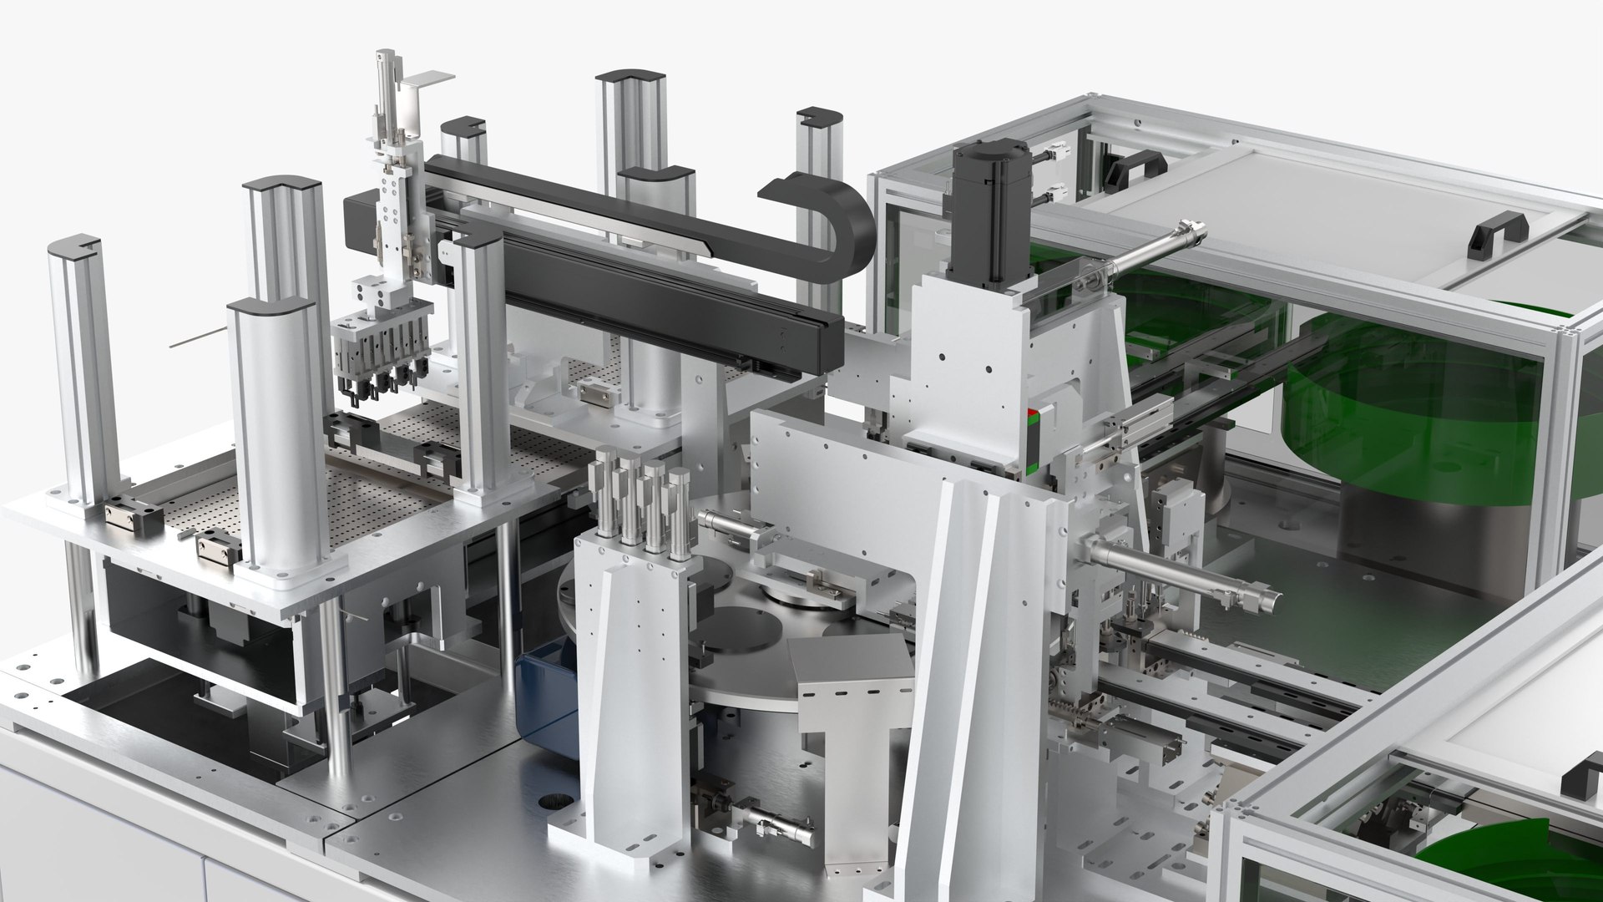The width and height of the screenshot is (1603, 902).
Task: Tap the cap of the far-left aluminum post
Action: point(74,249)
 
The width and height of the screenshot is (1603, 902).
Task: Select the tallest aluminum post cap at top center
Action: point(630,84)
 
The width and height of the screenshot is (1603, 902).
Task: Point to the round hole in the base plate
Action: point(551,806)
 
